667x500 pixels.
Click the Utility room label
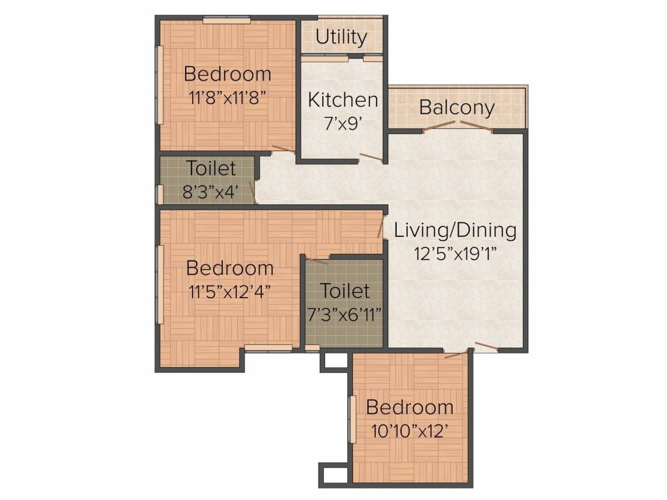tap(341, 37)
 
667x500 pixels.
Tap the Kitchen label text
tap(343, 100)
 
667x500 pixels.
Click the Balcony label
tap(457, 107)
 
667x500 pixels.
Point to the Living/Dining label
tap(455, 230)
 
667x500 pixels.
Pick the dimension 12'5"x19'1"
tap(455, 253)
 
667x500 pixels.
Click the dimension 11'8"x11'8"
tap(227, 96)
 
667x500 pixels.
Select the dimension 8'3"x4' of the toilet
tap(210, 192)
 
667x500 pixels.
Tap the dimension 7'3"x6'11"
tap(345, 314)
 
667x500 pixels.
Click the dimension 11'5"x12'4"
tap(229, 291)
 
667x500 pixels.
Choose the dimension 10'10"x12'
tap(410, 431)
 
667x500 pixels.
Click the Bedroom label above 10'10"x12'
tap(410, 408)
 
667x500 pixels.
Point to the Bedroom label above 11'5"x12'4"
tap(229, 268)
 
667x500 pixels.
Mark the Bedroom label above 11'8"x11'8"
tap(227, 73)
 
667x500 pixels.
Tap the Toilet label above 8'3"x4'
tap(210, 168)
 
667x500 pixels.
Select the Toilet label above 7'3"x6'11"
tap(345, 290)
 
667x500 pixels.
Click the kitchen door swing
tap(369, 157)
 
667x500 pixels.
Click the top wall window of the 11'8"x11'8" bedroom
tap(226, 20)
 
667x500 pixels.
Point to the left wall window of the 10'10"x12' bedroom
tap(352, 419)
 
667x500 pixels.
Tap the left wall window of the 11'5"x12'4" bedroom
tap(159, 285)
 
